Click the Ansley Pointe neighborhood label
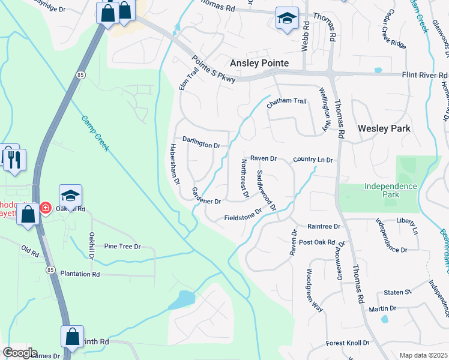pyautogui.click(x=260, y=63)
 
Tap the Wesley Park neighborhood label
pyautogui.click(x=384, y=128)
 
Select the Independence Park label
pyautogui.click(x=390, y=190)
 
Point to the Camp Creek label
pyautogui.click(x=95, y=133)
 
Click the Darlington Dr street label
pyautogui.click(x=202, y=145)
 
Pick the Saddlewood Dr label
pyautogui.click(x=266, y=190)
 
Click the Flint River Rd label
pyautogui.click(x=425, y=75)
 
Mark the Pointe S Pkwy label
pyautogui.click(x=215, y=69)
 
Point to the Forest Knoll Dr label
pyautogui.click(x=348, y=343)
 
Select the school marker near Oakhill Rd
pyautogui.click(x=70, y=196)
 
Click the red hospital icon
pyautogui.click(x=46, y=208)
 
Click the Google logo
pyautogui.click(x=20, y=353)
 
